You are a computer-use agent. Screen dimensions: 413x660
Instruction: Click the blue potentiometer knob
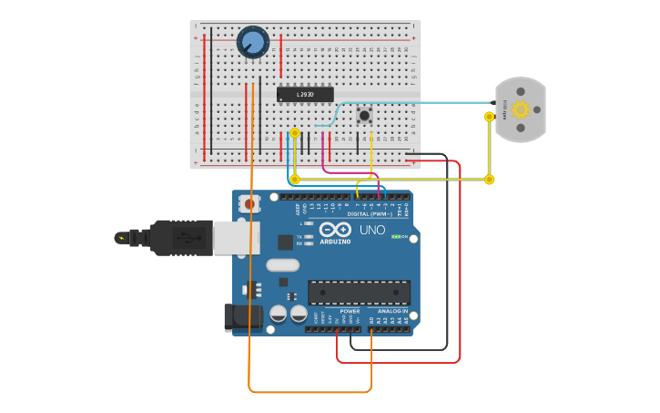click(x=252, y=43)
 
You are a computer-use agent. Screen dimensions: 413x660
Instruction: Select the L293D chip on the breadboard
click(x=305, y=94)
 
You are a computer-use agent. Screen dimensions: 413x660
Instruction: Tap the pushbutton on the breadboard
click(x=365, y=115)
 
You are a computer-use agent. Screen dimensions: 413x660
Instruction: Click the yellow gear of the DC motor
click(x=521, y=109)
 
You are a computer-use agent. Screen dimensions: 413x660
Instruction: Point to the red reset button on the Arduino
click(x=250, y=205)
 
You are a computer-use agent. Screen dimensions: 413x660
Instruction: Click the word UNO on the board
click(x=371, y=230)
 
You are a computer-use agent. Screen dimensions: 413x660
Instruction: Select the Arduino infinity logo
click(x=334, y=230)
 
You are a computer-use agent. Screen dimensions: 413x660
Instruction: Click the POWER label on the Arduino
click(x=350, y=311)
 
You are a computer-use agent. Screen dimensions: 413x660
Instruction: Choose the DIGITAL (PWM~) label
click(x=370, y=214)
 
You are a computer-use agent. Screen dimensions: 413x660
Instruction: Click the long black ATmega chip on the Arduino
click(x=359, y=292)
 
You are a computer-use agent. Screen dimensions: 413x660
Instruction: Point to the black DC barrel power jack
click(x=242, y=317)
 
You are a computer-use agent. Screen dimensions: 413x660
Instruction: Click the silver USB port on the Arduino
click(x=235, y=238)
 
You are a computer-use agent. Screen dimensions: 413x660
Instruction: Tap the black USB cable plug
click(x=182, y=238)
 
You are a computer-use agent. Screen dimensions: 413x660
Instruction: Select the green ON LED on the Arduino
click(x=394, y=237)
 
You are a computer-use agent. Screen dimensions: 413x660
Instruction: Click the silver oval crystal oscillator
click(x=282, y=265)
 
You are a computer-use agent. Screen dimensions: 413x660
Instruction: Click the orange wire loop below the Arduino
click(x=310, y=392)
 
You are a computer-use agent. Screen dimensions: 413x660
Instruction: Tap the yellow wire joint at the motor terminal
click(x=490, y=117)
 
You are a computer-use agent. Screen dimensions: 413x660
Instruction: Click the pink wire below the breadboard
click(x=346, y=170)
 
